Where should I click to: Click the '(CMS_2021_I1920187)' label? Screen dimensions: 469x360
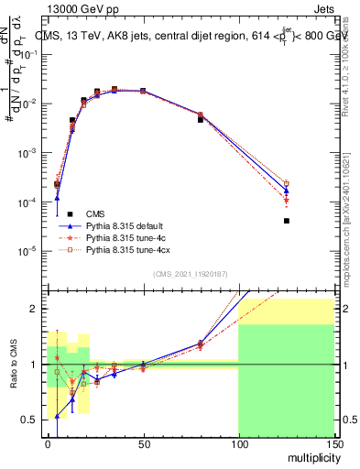[190, 273]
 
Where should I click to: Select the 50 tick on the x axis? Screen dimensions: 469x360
[143, 443]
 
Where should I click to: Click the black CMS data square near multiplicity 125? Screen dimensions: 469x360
[287, 221]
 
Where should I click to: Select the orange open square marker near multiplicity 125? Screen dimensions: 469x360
[287, 183]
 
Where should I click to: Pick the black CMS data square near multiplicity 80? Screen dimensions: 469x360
[201, 119]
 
